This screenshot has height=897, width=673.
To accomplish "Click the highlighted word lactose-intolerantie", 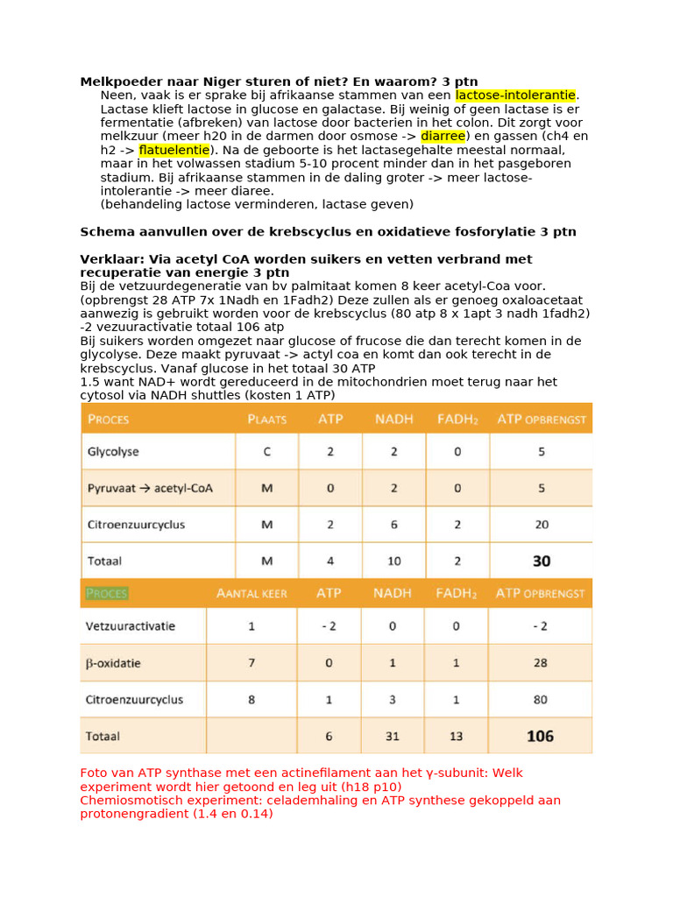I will [x=516, y=95].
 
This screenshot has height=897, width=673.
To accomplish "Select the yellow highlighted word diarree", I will [x=443, y=137].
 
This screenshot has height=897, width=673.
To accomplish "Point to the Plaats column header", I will [x=266, y=420].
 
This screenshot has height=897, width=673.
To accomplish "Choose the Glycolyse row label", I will [x=113, y=452].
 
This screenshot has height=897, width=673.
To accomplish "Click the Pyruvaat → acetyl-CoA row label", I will [x=149, y=488].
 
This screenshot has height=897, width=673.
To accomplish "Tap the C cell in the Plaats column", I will [x=266, y=452].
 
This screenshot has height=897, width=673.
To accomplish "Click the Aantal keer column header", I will [x=251, y=593].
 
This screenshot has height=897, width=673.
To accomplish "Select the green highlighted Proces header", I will [x=107, y=593].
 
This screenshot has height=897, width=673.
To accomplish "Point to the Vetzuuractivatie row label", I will [x=131, y=626].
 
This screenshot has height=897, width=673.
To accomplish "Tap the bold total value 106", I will [x=540, y=737].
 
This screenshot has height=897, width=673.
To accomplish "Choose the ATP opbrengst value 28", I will [x=541, y=663].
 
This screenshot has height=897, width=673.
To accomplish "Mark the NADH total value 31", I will [x=392, y=737].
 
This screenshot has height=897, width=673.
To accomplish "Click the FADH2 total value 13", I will [x=456, y=737].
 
